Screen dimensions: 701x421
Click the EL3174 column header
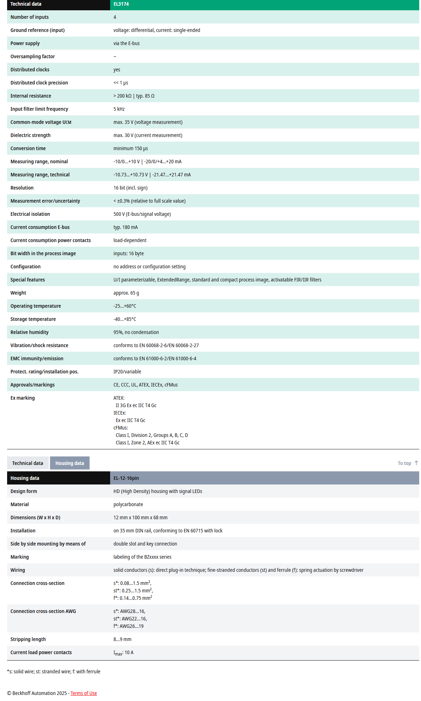pos(121,4)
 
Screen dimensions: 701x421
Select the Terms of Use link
pos(83,693)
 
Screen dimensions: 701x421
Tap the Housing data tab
pos(70,463)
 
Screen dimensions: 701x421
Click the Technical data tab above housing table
pos(28,463)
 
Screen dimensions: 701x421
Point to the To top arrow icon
pos(416,463)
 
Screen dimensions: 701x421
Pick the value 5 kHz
pos(119,109)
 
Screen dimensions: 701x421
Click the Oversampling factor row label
pos(33,56)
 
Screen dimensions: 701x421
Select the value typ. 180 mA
pos(125,227)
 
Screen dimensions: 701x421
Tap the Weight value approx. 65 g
pos(126,293)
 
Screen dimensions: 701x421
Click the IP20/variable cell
pos(127,372)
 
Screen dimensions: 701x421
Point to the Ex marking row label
pos(23,398)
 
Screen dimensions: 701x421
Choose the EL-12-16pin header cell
pos(126,478)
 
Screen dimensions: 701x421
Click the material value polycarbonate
pos(128,504)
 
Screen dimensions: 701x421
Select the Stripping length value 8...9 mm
pos(122,639)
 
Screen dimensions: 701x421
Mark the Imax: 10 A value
pos(123,653)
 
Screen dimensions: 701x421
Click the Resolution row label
pos(22,188)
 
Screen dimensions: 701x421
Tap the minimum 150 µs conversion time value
pos(130,148)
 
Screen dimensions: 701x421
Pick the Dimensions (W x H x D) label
pos(36,517)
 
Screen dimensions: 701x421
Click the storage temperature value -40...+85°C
pos(125,319)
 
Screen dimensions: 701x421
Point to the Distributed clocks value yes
pos(117,70)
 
